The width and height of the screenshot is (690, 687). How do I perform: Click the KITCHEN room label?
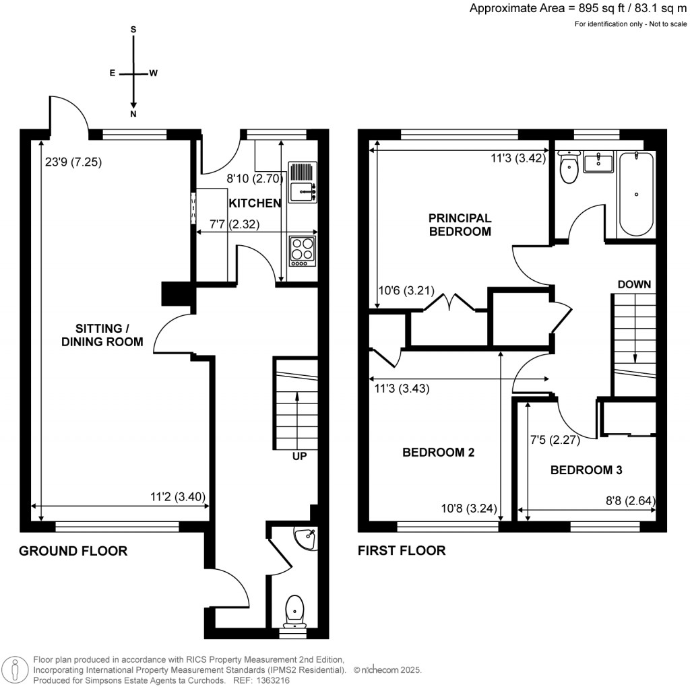tap(255, 203)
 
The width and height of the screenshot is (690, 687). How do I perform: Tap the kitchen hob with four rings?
tap(303, 251)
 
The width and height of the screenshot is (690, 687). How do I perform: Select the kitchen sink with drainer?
tap(303, 183)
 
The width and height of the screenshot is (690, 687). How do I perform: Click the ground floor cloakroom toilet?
tap(294, 611)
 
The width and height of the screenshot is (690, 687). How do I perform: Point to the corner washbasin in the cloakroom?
tap(307, 539)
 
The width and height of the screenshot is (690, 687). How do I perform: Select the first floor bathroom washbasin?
tap(598, 162)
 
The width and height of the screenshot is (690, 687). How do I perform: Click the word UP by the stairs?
tap(299, 456)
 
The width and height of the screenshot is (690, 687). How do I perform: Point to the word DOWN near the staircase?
tap(634, 284)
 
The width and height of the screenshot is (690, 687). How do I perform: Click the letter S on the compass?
tap(133, 30)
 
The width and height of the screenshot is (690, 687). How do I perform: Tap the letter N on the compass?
tap(133, 115)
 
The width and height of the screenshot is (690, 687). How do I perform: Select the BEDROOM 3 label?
tap(586, 470)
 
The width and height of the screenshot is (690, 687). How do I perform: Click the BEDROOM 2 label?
tap(438, 453)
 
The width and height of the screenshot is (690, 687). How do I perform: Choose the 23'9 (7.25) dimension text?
tap(73, 162)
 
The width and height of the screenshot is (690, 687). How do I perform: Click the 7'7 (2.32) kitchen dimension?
tap(234, 224)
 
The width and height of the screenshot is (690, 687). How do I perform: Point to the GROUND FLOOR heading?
tap(73, 551)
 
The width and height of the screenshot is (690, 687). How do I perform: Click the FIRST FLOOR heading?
tap(402, 550)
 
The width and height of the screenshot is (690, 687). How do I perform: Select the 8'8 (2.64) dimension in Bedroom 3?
tap(631, 500)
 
